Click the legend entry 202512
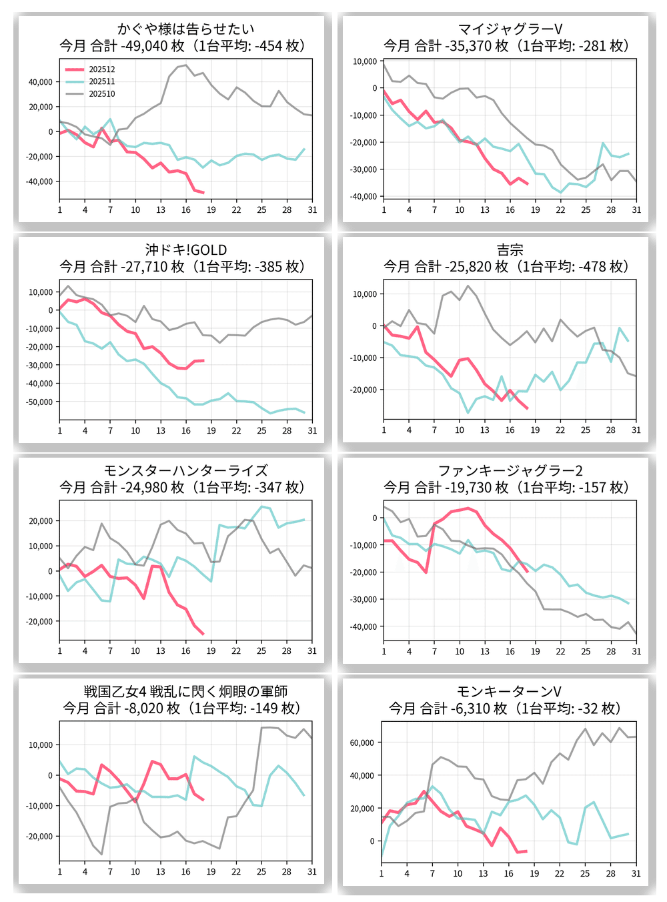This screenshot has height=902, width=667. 101,69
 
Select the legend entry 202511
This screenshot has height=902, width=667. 101,81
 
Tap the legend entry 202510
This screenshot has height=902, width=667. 101,94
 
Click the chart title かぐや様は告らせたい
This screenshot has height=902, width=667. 185,29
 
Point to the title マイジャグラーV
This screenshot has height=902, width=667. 510,29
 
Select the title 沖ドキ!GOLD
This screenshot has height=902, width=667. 185,250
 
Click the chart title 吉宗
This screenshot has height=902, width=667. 510,250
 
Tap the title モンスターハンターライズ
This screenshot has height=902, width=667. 185,470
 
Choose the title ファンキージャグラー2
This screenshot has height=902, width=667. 510,470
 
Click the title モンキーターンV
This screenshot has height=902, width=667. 510,691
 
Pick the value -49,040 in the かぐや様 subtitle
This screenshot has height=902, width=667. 143,46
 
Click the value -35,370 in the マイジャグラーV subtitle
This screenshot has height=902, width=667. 468,46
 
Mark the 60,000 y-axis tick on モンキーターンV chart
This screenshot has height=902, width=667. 362,743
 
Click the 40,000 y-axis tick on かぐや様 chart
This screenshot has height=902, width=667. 40,82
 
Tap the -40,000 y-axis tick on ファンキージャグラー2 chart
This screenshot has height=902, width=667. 364,626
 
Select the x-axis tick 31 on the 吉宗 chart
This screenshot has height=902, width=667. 636,430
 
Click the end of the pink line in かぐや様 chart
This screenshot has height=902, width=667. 203,193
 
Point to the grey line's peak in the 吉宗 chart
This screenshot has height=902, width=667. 468,286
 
